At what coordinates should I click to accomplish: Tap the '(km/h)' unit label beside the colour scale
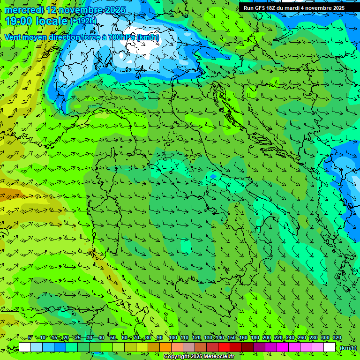(x=347, y=347)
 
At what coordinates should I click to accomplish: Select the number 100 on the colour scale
(x=172, y=338)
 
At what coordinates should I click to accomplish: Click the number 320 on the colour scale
(x=337, y=338)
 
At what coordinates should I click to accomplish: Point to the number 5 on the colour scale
(x=30, y=338)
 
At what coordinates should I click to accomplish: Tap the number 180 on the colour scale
(x=255, y=338)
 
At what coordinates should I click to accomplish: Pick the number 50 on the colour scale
(x=113, y=338)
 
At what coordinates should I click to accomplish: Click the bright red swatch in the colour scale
(x=224, y=347)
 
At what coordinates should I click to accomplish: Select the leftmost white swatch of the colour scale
(x=25, y=347)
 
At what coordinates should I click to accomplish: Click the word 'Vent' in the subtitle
(x=13, y=37)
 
